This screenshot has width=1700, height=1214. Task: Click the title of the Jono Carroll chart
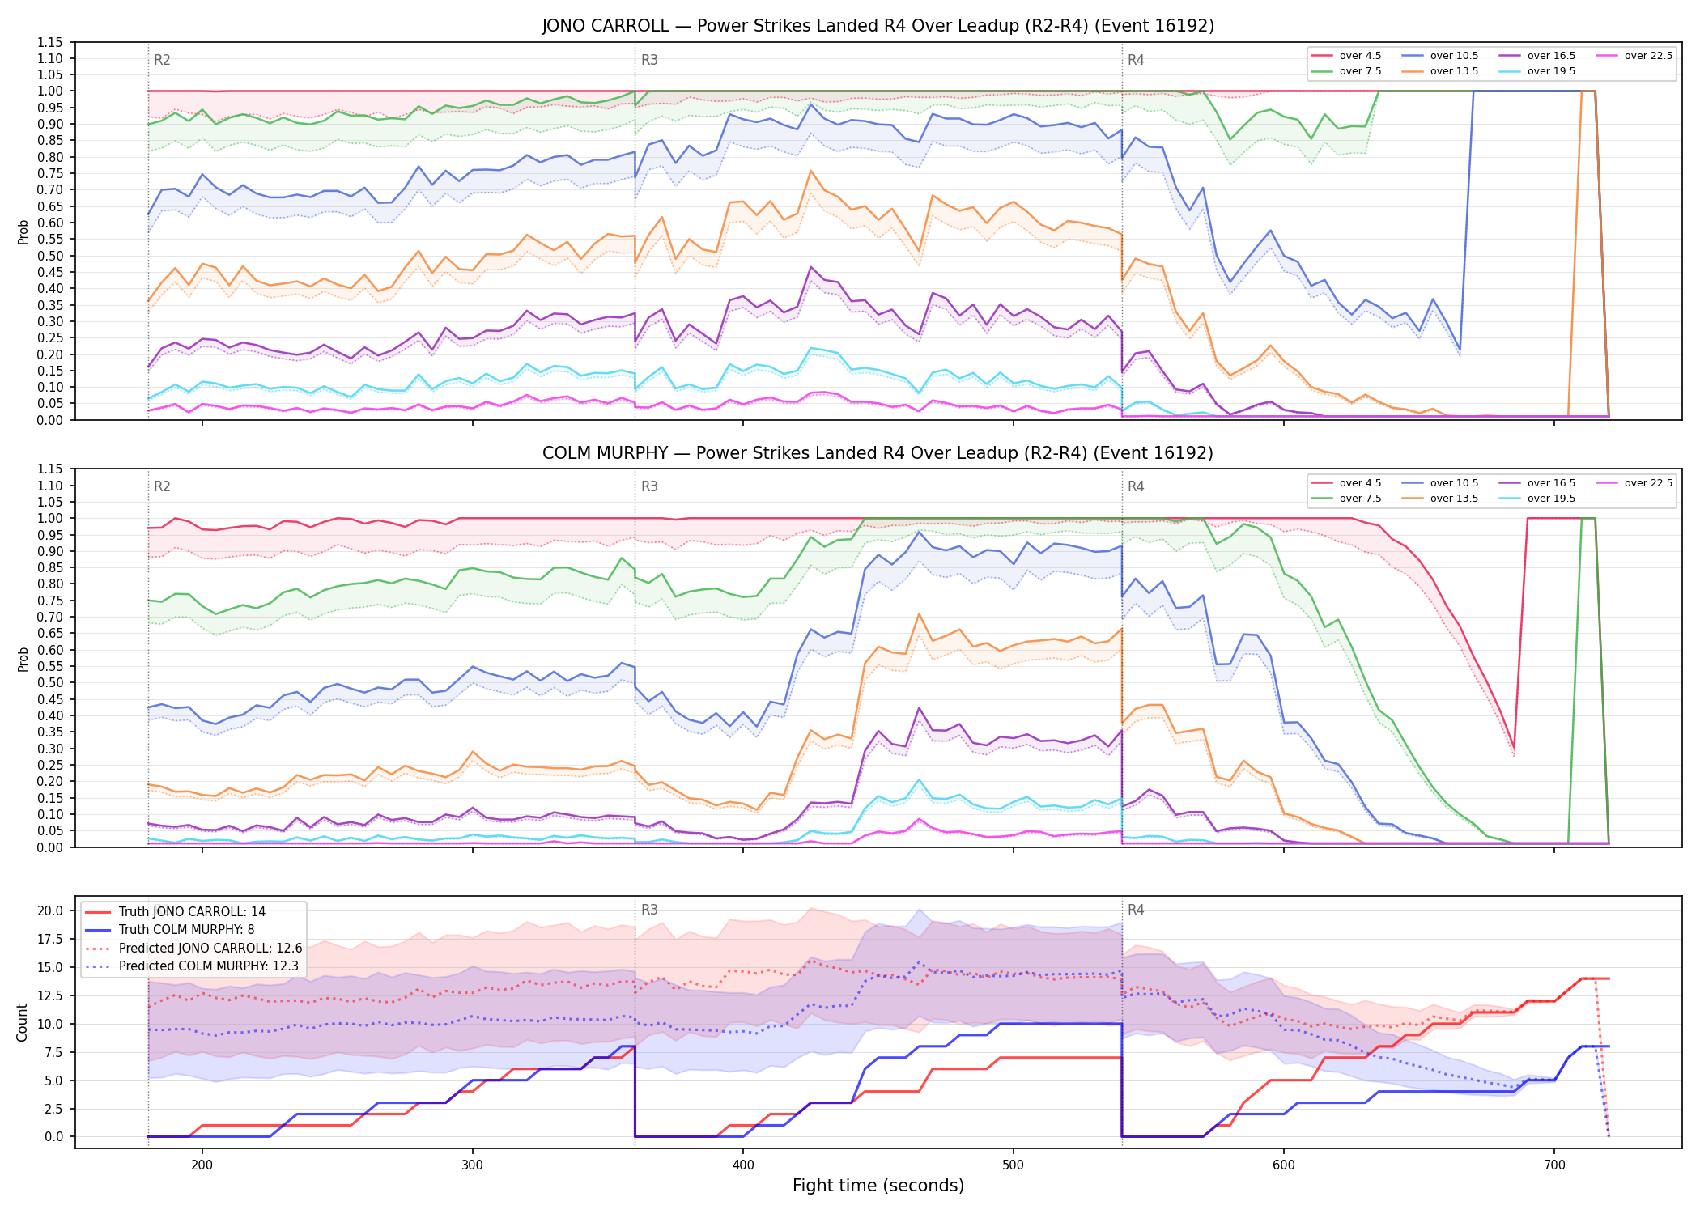(x=878, y=26)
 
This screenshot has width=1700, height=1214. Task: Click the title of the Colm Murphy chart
(x=878, y=453)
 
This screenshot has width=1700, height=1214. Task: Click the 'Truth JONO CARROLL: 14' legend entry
(x=175, y=911)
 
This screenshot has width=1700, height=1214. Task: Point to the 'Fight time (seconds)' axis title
(x=878, y=1186)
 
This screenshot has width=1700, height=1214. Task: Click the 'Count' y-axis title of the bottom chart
(x=22, y=1022)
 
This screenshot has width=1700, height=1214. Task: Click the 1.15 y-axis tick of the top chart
(x=49, y=42)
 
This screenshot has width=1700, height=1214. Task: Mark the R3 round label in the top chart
(x=649, y=60)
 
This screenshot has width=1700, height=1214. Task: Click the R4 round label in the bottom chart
(x=1136, y=910)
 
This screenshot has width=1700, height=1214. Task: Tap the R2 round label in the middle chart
(x=162, y=486)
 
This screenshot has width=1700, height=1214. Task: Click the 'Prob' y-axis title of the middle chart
(x=23, y=659)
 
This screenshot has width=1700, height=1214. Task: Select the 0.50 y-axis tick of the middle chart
(x=49, y=682)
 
